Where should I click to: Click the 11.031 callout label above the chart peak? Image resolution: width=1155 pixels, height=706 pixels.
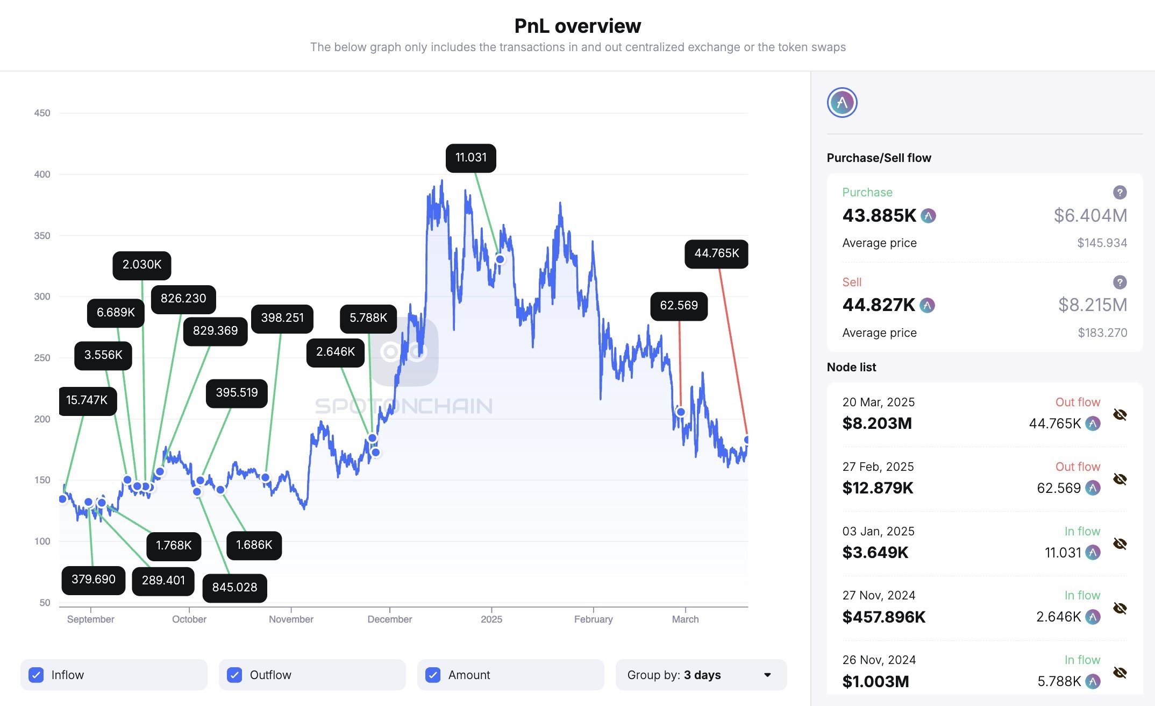[470, 158]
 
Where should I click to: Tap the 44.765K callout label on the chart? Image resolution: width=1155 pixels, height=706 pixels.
[716, 253]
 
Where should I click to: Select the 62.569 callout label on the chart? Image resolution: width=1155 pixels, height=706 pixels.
[679, 306]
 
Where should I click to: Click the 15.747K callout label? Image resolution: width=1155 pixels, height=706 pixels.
[87, 400]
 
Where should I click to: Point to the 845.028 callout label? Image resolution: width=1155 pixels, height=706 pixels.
[234, 587]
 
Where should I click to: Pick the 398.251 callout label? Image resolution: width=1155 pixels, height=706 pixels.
[282, 318]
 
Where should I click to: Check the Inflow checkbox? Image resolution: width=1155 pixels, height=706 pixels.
[36, 675]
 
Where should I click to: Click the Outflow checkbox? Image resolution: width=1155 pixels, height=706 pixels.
[234, 675]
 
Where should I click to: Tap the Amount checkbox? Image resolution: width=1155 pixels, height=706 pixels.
[433, 675]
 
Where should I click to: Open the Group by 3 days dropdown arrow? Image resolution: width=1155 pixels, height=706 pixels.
[767, 675]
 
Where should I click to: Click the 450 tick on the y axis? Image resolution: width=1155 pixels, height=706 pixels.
[42, 113]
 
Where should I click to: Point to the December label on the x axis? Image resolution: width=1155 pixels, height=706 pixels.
[389, 619]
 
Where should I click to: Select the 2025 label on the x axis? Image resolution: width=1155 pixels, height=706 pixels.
[491, 619]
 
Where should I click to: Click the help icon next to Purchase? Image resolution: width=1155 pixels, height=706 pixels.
[1120, 192]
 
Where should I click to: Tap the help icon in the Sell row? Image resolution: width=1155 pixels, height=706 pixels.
[1120, 282]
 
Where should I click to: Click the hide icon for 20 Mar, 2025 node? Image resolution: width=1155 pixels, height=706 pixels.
[1120, 414]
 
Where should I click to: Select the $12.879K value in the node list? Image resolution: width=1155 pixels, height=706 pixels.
[878, 488]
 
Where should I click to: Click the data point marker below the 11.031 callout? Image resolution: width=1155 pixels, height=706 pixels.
[500, 259]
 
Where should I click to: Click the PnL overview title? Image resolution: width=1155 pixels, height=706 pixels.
[577, 26]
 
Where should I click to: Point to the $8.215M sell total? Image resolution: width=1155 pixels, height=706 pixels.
[1092, 305]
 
